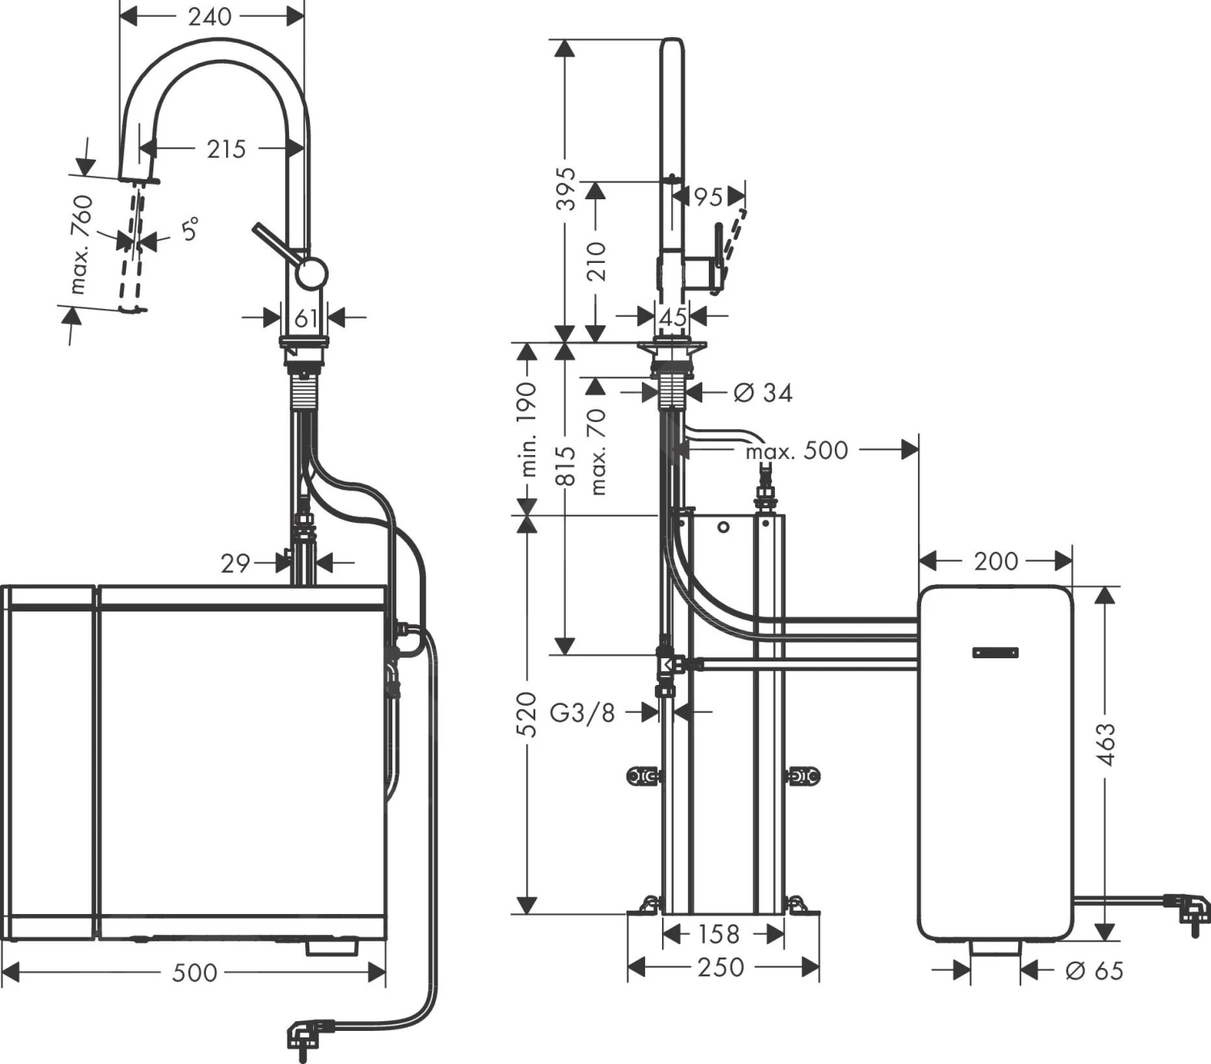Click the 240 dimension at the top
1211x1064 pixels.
[x=210, y=16]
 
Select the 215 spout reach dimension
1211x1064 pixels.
[x=226, y=149]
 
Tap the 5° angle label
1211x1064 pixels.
[x=189, y=230]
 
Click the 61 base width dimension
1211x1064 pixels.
[x=305, y=319]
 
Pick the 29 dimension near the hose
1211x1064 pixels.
[x=236, y=563]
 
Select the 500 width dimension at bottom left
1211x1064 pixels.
[x=195, y=973]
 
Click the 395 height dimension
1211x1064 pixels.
[x=567, y=189]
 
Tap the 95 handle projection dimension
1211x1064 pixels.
[x=708, y=197]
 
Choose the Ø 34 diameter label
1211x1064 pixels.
[x=763, y=393]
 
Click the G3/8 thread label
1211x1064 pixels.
[x=582, y=712]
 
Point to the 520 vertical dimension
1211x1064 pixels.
[x=526, y=713]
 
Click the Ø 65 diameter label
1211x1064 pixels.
[x=1095, y=970]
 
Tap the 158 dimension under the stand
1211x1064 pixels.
[x=719, y=934]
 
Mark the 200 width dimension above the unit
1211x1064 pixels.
[x=995, y=561]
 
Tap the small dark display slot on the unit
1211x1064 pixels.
[x=995, y=653]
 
